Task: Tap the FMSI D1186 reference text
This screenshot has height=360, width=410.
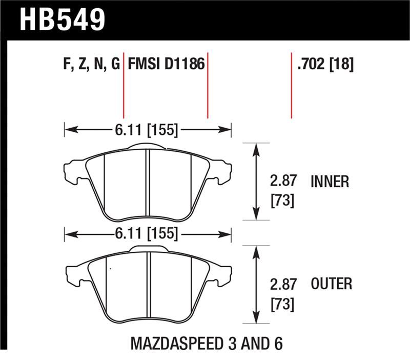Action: coord(166,64)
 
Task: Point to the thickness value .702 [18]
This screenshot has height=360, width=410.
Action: coord(324,64)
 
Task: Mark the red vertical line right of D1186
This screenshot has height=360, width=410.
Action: coord(208,85)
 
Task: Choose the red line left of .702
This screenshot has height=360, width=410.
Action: coord(292,85)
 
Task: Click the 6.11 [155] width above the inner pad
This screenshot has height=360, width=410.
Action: coord(148,130)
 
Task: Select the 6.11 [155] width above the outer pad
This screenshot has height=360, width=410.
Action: coord(148,235)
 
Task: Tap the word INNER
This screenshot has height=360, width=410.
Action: coord(330,182)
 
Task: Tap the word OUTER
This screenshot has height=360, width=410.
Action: coord(331,284)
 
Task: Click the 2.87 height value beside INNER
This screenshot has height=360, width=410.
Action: coord(282,182)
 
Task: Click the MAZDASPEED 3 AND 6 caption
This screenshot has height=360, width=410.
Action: coord(208,343)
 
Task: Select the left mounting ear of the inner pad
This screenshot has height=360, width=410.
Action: coord(72,171)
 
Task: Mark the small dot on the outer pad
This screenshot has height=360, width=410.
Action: coord(109,268)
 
